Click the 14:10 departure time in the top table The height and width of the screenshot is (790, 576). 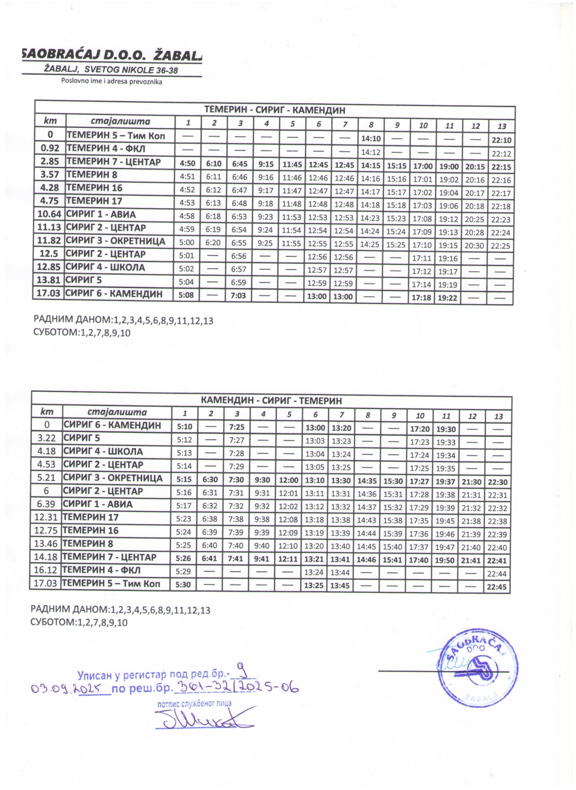pyautogui.click(x=370, y=139)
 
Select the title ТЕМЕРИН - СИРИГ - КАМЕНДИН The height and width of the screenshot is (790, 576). pyautogui.click(x=274, y=111)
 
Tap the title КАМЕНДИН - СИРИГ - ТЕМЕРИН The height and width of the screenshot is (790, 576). pyautogui.click(x=271, y=401)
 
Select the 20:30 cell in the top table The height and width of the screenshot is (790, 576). pyautogui.click(x=475, y=245)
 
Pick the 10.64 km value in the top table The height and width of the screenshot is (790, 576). pyautogui.click(x=49, y=214)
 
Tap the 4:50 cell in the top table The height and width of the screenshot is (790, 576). pyautogui.click(x=188, y=165)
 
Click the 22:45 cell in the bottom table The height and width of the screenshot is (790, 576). pyautogui.click(x=497, y=587)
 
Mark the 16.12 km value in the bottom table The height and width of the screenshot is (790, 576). pyautogui.click(x=45, y=570)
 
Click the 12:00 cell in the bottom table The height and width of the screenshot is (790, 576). pyautogui.click(x=289, y=481)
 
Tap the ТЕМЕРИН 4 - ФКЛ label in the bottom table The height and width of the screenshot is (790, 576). pyautogui.click(x=102, y=570)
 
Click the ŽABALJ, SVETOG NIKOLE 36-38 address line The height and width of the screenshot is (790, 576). pyautogui.click(x=111, y=70)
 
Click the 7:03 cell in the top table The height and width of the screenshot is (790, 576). pyautogui.click(x=240, y=296)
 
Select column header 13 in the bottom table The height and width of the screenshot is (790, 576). pyautogui.click(x=498, y=416)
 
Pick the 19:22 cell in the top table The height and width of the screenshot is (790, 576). pyautogui.click(x=449, y=297)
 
